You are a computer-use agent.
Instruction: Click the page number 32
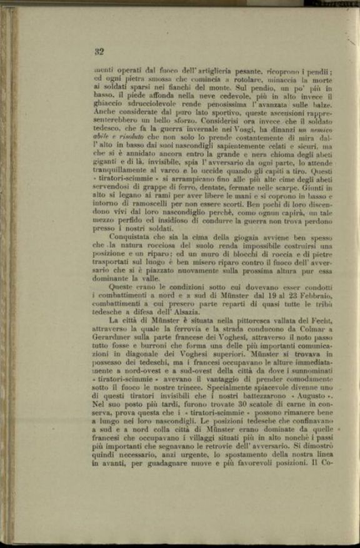98,51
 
